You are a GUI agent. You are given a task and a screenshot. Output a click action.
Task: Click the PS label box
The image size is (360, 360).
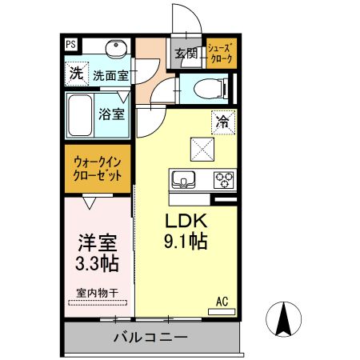pyautogui.click(x=72, y=46)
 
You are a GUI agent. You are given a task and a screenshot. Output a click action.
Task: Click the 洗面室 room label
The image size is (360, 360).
pyautogui.click(x=110, y=76)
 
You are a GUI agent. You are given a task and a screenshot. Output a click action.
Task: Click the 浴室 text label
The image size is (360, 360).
pyautogui.click(x=111, y=114)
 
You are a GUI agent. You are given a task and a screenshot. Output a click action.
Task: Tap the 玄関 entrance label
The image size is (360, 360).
pyautogui.click(x=186, y=54)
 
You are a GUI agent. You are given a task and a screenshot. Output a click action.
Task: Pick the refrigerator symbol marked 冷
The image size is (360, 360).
pyautogui.click(x=222, y=122)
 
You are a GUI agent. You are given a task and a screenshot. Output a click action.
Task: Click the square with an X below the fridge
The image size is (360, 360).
pyautogui.click(x=200, y=149)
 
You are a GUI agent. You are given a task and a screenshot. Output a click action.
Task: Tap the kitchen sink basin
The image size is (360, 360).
pyautogui.click(x=182, y=179)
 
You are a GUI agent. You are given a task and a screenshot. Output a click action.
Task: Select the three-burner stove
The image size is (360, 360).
pyautogui.click(x=223, y=179)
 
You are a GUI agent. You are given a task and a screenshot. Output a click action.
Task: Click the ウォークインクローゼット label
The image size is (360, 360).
pyautogui.click(x=98, y=170)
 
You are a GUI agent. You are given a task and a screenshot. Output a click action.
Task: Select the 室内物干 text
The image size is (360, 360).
pyautogui.click(x=97, y=294)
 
